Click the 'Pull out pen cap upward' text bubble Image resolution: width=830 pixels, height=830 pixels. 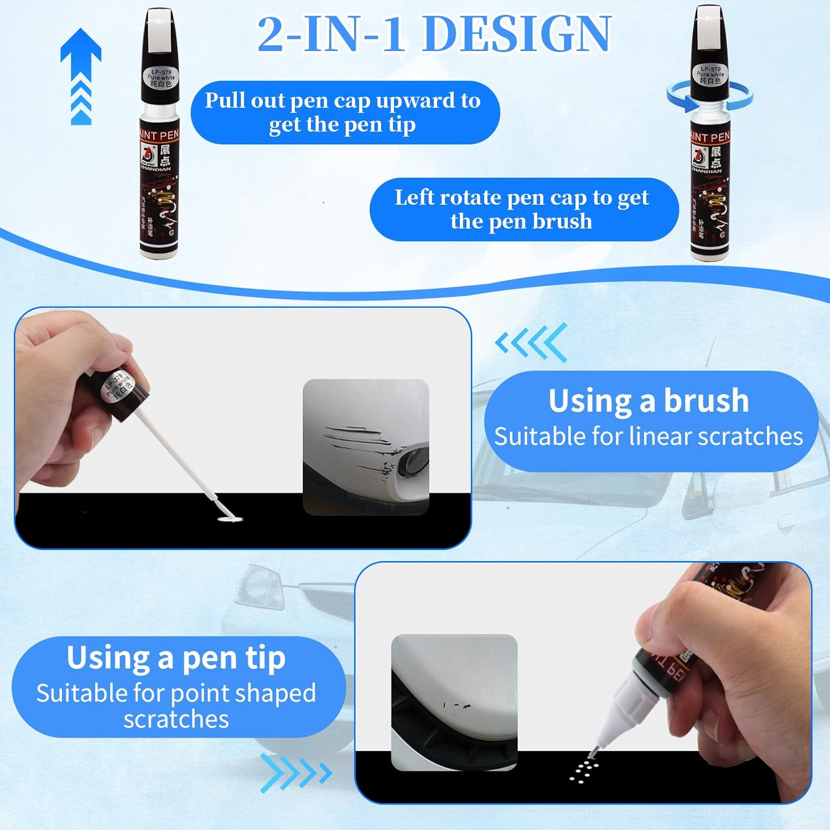(344, 112)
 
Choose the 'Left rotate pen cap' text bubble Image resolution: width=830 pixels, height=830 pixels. (523, 209)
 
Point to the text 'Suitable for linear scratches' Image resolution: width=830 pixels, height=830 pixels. (649, 437)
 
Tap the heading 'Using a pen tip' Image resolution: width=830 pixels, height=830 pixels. (176, 657)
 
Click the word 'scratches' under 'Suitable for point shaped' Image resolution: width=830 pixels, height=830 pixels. (176, 719)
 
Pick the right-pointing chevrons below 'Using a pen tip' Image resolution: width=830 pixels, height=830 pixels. (296, 772)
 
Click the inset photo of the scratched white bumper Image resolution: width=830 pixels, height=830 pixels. (366, 447)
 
